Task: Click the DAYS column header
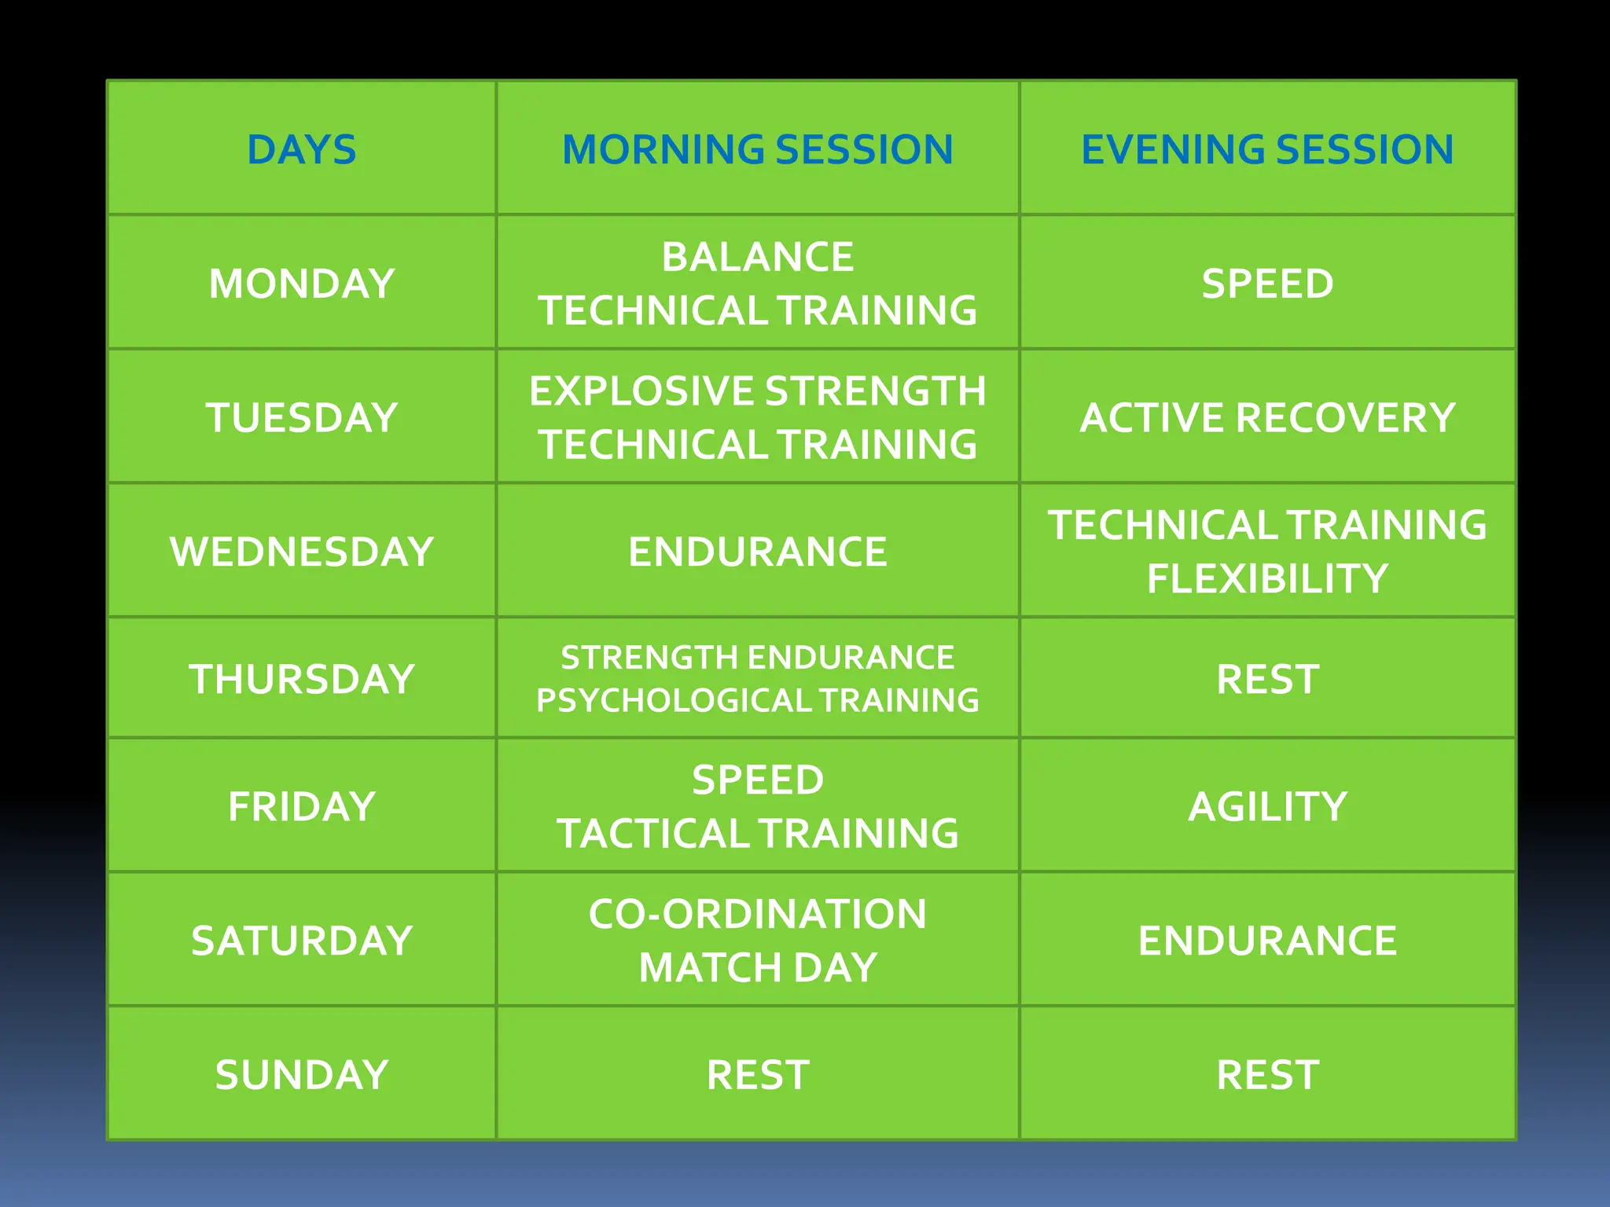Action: (301, 149)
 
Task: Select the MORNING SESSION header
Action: (757, 149)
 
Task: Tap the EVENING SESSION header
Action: (1267, 149)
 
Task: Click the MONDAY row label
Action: (301, 284)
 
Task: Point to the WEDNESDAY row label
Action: (301, 552)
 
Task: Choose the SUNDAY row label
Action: (301, 1075)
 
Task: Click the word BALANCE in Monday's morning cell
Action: (757, 257)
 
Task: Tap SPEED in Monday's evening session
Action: (1267, 284)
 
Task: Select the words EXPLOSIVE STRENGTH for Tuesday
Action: (757, 391)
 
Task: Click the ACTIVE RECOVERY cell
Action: (1267, 417)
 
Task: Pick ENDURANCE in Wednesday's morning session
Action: (757, 552)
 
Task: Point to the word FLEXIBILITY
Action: (1267, 578)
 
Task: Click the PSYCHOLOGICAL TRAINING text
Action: (757, 700)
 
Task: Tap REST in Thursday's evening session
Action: (1267, 679)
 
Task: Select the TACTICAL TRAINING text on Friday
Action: (757, 834)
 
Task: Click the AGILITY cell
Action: (1267, 807)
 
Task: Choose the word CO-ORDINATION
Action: (757, 914)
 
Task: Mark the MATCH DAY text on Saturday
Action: (757, 967)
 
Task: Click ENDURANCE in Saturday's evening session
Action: (1267, 941)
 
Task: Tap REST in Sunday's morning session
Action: (757, 1075)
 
